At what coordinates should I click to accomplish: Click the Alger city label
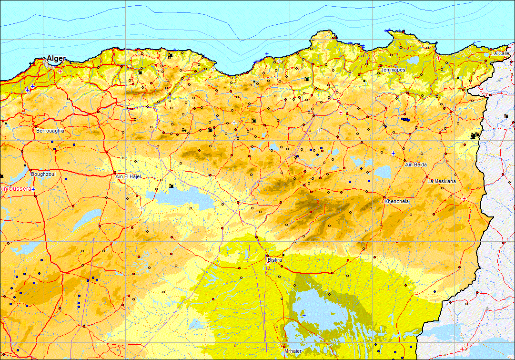56,59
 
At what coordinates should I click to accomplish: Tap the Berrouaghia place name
50,130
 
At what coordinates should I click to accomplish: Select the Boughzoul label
43,175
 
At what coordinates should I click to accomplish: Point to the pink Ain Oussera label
16,189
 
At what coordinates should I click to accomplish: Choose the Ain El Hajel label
129,176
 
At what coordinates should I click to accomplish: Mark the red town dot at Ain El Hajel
115,173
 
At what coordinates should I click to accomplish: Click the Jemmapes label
393,70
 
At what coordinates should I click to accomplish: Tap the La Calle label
500,53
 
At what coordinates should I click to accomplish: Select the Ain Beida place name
416,165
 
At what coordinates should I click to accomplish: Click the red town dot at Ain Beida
404,161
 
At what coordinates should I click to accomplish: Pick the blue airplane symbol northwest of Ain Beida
393,153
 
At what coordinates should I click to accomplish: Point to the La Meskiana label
442,181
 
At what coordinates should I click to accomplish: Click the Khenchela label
396,202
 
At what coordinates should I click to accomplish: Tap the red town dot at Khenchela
384,197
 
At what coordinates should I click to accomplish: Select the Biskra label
275,260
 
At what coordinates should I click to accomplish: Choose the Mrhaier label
293,351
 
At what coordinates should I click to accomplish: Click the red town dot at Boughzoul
30,170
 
